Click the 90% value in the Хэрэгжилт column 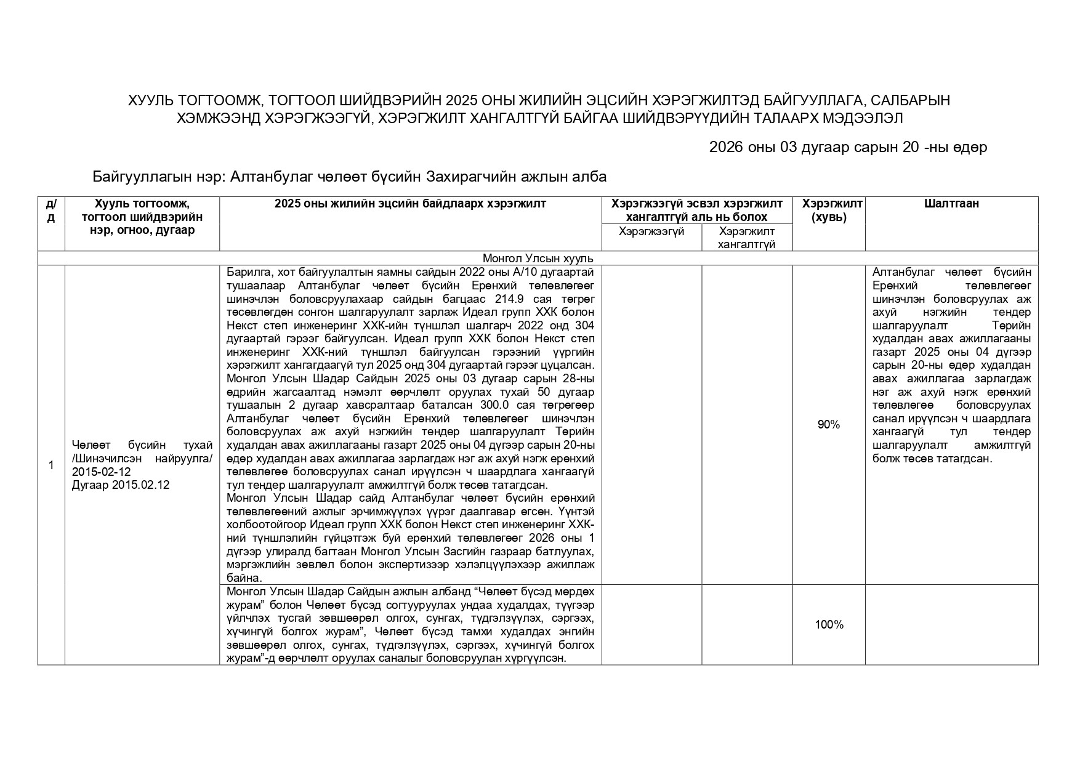[828, 424]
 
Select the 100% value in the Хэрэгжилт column [829, 625]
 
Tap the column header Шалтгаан [951, 204]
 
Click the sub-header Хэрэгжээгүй [651, 231]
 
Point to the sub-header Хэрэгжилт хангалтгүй [747, 238]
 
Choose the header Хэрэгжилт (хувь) [829, 210]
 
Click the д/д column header [51, 210]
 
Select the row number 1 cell [51, 465]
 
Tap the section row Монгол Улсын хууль [538, 259]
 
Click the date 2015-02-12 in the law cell [101, 472]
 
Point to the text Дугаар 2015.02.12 [120, 485]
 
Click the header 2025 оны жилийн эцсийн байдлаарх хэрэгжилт [410, 204]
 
